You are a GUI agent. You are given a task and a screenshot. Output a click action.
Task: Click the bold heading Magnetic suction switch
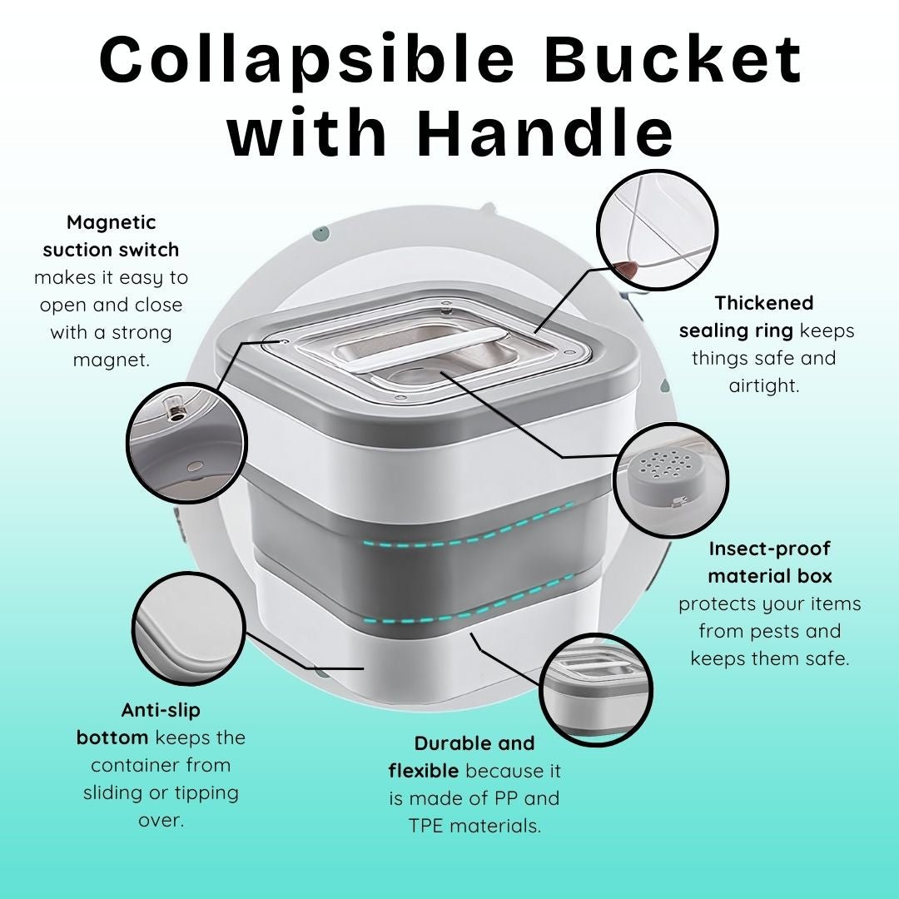pos(111,236)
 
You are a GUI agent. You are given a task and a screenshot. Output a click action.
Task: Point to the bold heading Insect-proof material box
pos(770,562)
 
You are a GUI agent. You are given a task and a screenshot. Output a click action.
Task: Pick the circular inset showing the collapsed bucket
pos(596,690)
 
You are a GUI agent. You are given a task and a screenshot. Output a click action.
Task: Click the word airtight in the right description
pos(763,385)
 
